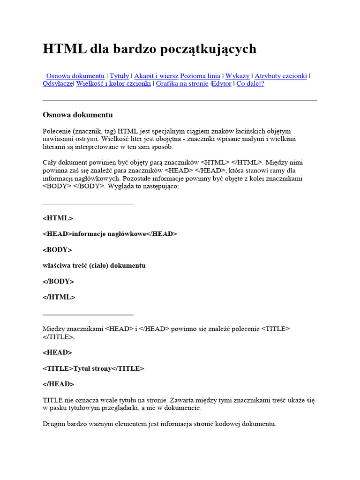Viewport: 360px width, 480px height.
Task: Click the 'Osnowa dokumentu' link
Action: (75, 75)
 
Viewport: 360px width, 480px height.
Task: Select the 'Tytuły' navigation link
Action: (119, 75)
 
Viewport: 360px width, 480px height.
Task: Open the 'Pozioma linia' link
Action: (200, 75)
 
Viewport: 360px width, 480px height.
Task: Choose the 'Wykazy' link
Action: (237, 75)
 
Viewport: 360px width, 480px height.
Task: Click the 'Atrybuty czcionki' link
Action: (281, 75)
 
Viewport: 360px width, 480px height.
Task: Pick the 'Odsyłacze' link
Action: (58, 83)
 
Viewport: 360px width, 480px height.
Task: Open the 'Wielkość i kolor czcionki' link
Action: (113, 83)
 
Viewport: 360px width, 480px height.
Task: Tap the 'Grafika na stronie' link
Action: (182, 83)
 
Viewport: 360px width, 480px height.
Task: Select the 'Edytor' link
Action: (222, 83)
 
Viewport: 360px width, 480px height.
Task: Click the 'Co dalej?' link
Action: (250, 83)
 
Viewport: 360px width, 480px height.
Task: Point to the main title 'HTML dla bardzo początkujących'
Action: (150, 49)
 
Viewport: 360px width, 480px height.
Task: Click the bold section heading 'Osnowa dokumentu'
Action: (77, 115)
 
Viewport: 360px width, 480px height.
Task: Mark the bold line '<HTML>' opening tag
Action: (58, 218)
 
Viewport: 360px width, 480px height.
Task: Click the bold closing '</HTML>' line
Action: (59, 297)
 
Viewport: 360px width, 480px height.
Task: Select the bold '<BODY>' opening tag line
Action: (57, 250)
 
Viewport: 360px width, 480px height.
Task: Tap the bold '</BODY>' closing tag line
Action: (58, 281)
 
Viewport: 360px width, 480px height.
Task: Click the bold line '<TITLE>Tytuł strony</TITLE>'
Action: (93, 368)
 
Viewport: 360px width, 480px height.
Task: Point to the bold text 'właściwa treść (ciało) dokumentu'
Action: (94, 265)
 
